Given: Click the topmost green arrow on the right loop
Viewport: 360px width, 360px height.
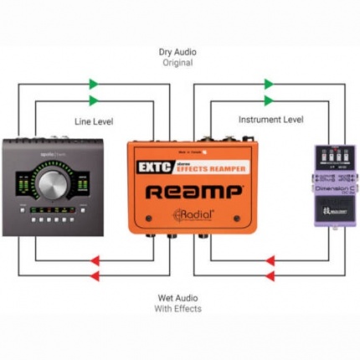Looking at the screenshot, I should pyautogui.click(x=269, y=84).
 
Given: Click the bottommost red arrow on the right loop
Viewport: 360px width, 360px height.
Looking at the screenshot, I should pyautogui.click(x=270, y=275).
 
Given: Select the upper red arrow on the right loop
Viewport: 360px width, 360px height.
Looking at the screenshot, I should pyautogui.click(x=270, y=259).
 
